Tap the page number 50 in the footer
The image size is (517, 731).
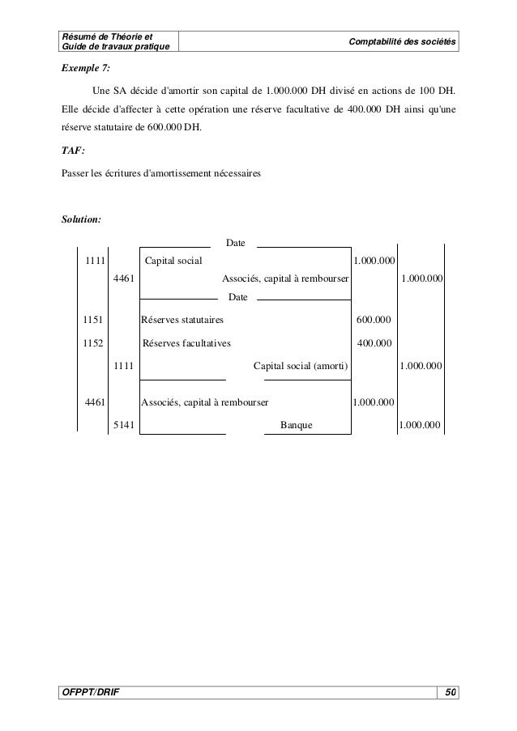pyautogui.click(x=451, y=691)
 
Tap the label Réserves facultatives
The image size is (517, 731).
pyautogui.click(x=186, y=342)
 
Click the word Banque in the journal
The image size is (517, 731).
pyautogui.click(x=297, y=424)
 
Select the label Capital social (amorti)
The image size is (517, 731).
pyautogui.click(x=301, y=366)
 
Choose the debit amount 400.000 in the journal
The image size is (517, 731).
pyautogui.click(x=374, y=342)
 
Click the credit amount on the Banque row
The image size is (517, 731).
pyautogui.click(x=420, y=424)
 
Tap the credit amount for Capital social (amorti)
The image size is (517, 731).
pyautogui.click(x=421, y=366)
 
